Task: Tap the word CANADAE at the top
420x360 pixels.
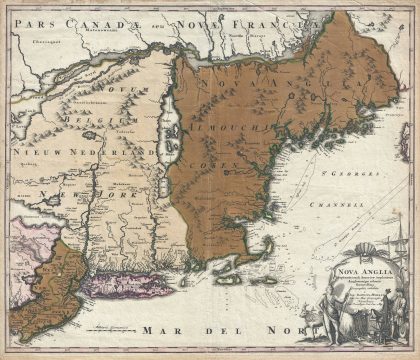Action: tap(95, 18)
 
